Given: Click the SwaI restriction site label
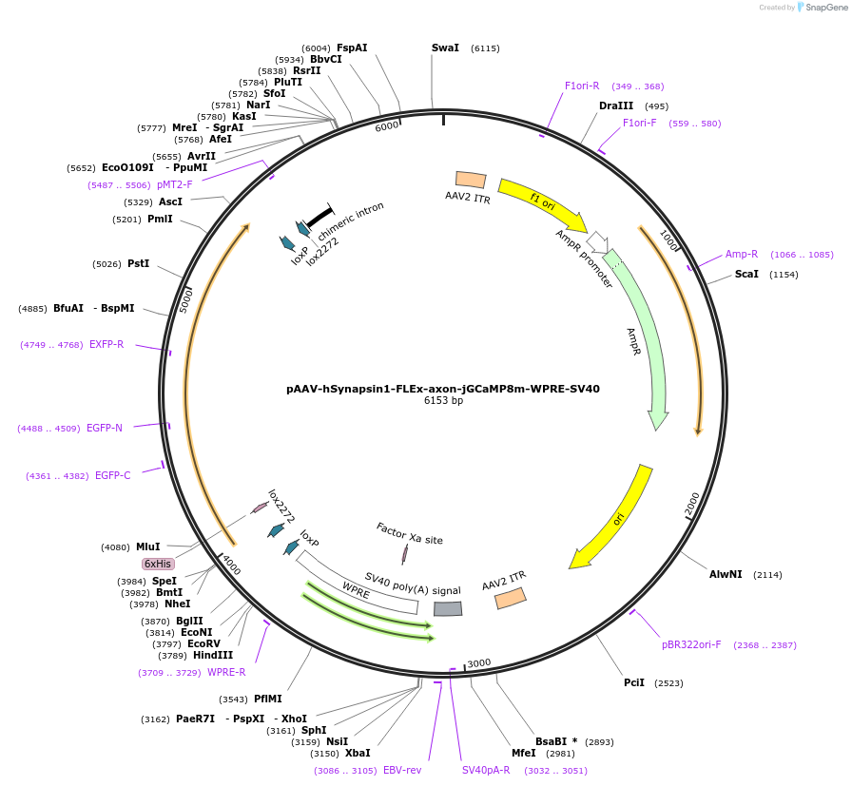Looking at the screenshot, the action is click(445, 48).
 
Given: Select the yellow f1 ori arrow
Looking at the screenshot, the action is click(543, 203).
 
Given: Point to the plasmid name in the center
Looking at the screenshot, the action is click(443, 389).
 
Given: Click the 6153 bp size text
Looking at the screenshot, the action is click(443, 400).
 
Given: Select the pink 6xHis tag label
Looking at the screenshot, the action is click(158, 564).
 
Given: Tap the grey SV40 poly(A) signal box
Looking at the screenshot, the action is click(448, 609).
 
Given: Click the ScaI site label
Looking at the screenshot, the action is click(746, 275).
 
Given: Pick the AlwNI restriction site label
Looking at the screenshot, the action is click(726, 574).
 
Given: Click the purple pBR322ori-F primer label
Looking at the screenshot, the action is click(691, 644).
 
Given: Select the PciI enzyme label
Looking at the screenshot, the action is click(634, 682).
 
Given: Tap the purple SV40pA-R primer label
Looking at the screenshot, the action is click(486, 770).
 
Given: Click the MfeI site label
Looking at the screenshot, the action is click(524, 754).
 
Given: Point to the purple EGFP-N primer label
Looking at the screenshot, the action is click(105, 428).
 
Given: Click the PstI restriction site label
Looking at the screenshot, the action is click(138, 263).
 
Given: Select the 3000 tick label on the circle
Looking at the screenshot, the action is click(478, 663).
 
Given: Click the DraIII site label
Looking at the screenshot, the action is click(616, 105).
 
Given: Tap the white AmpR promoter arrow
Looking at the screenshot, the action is click(598, 242).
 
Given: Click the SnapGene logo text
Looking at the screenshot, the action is click(826, 7).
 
